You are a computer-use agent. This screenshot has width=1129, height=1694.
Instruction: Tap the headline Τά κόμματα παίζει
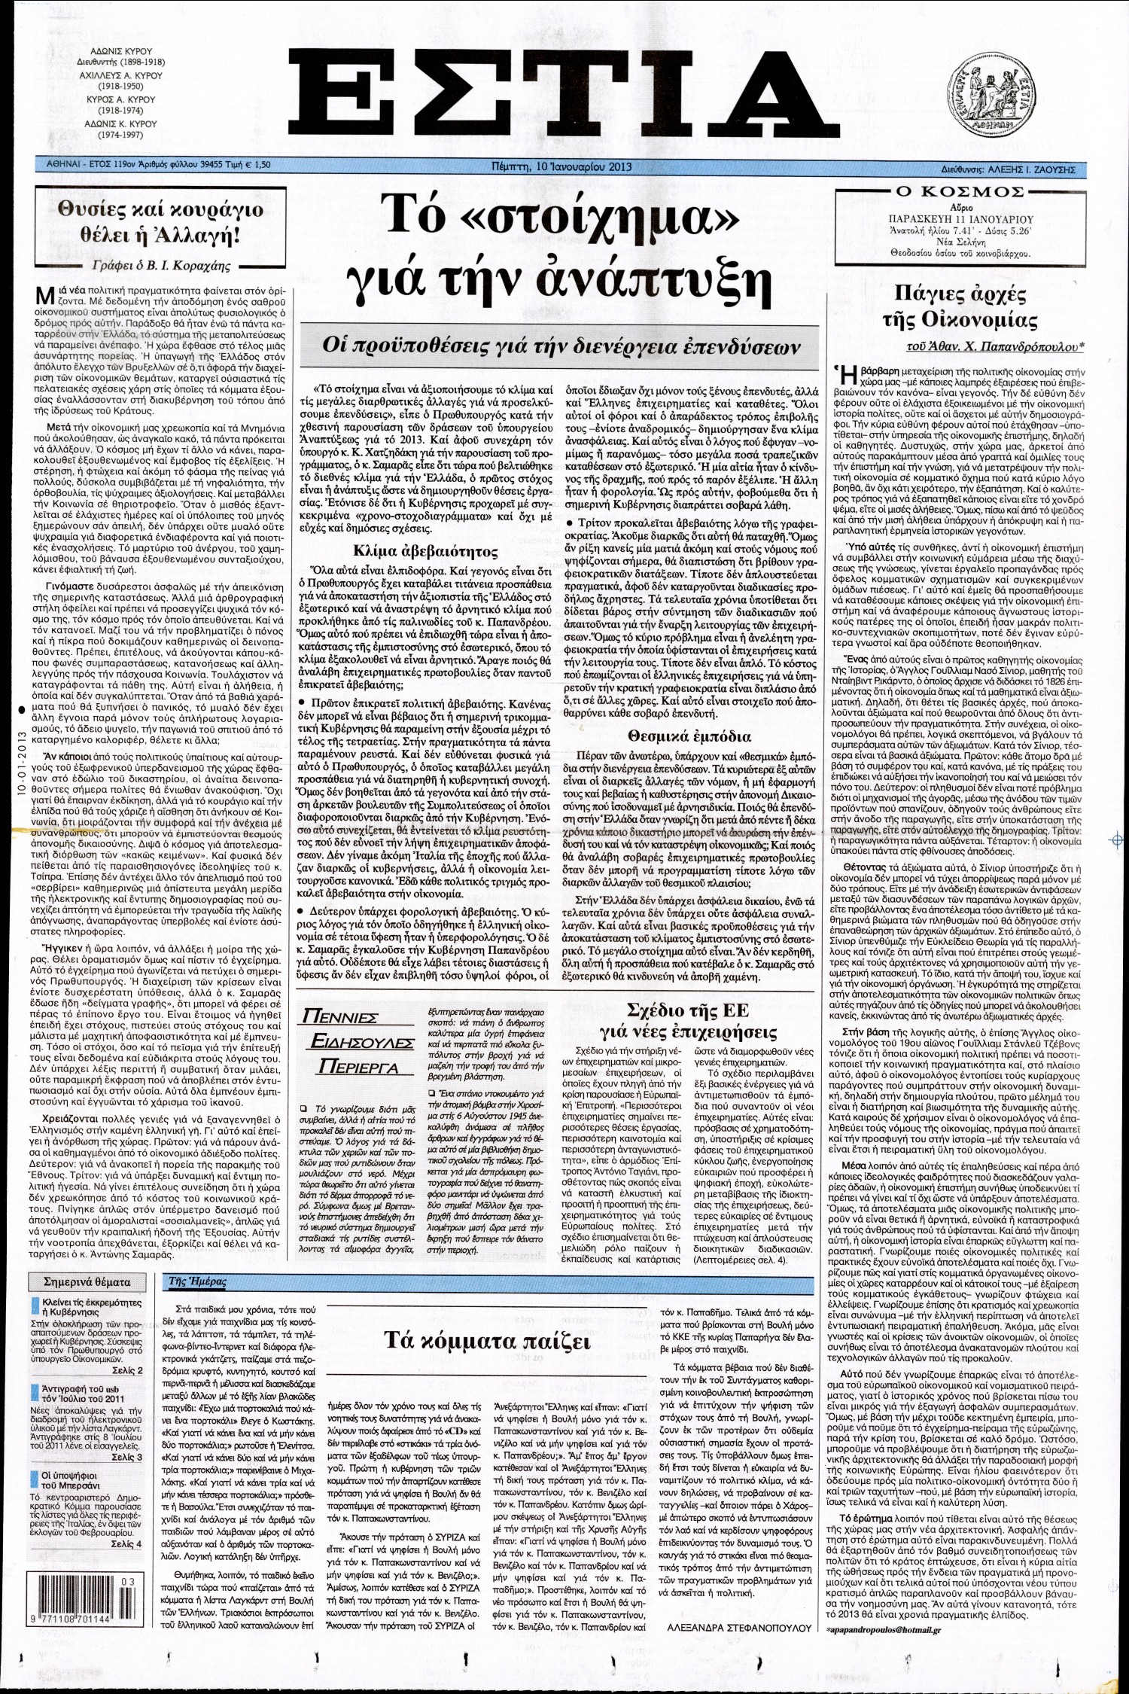click(488, 1342)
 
